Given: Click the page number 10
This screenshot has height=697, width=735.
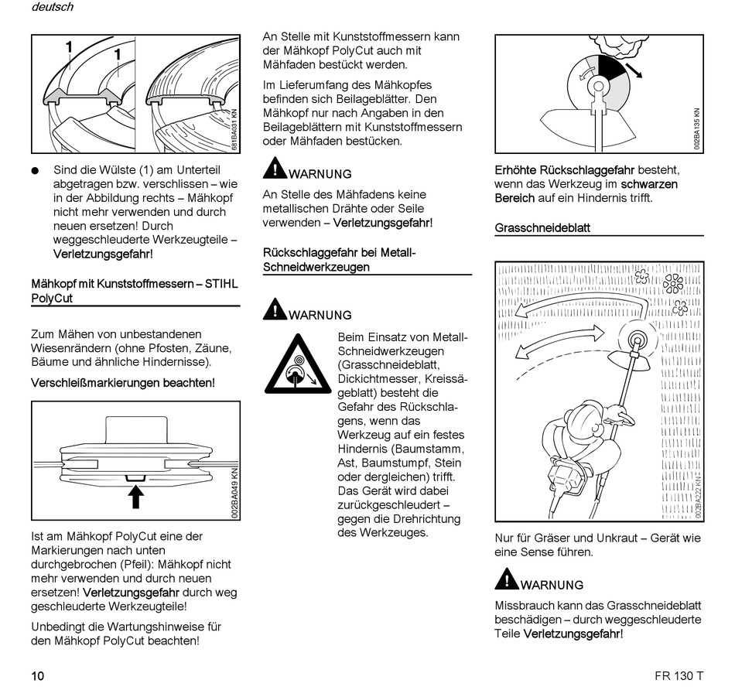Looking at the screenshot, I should pyautogui.click(x=38, y=675).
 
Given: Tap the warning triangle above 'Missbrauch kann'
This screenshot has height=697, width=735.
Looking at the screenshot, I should pyautogui.click(x=506, y=579).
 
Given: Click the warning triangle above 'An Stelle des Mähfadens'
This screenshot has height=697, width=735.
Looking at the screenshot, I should pyautogui.click(x=274, y=168).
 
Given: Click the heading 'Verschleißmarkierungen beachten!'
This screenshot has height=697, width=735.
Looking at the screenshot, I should pyautogui.click(x=123, y=382).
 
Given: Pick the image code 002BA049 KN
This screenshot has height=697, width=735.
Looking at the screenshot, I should pyautogui.click(x=234, y=491).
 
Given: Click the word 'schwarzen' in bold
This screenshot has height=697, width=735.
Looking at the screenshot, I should pyautogui.click(x=649, y=184).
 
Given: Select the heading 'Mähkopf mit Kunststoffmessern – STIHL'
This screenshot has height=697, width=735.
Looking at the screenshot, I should pyautogui.click(x=135, y=284).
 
